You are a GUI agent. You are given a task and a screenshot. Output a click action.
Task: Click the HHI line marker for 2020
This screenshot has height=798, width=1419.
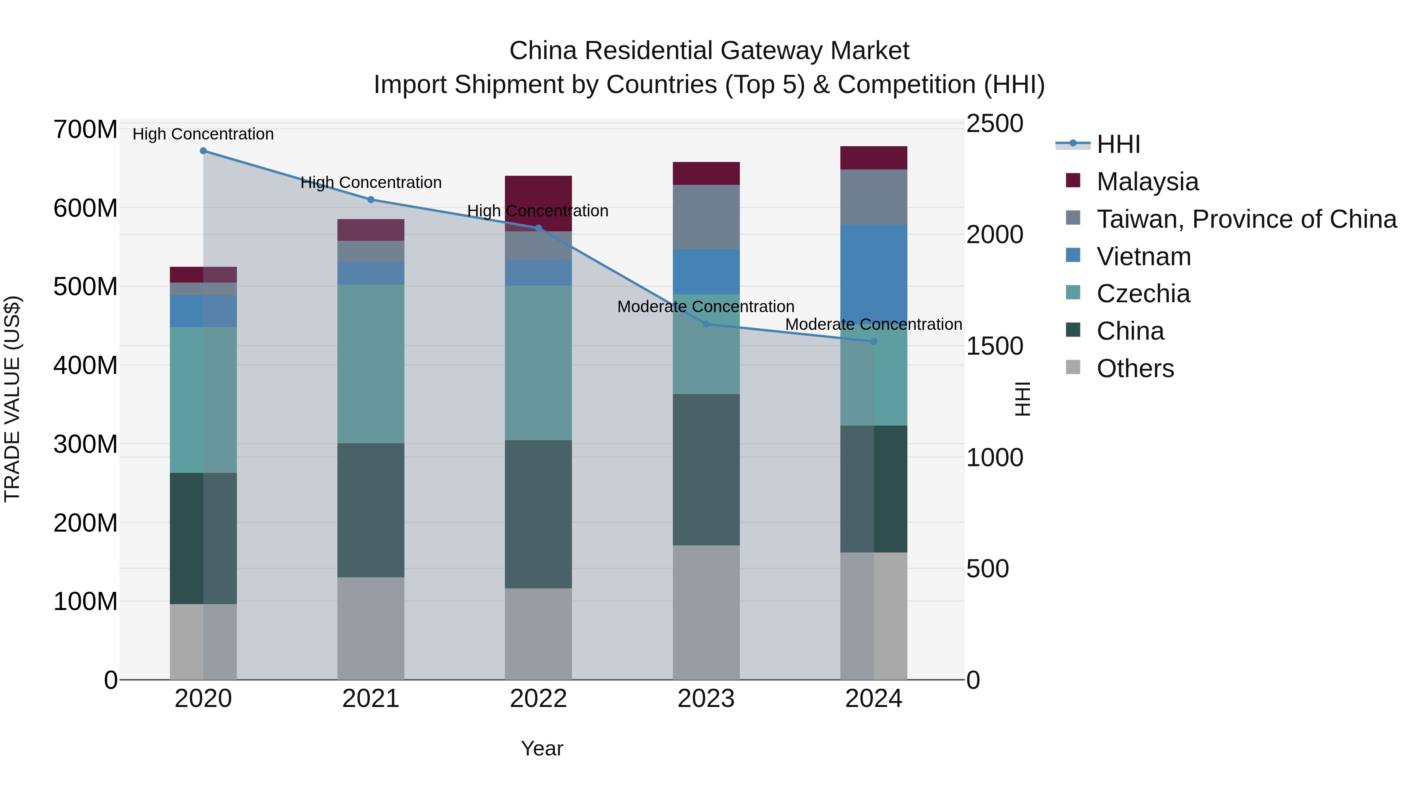(203, 151)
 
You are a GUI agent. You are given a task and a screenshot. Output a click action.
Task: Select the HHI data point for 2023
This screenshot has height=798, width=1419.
(706, 324)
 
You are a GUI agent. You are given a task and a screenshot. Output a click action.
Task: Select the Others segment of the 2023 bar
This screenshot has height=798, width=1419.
(706, 612)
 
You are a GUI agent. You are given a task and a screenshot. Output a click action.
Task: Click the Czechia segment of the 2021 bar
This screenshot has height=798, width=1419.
(371, 363)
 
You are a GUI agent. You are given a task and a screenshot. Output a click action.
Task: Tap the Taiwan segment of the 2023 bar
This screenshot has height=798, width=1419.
(706, 217)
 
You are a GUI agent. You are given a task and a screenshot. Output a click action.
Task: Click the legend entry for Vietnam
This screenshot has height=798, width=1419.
(1143, 257)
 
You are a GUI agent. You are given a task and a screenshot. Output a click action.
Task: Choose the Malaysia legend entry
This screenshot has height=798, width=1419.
(1147, 182)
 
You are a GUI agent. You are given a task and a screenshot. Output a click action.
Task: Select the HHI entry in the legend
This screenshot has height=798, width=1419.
(1118, 144)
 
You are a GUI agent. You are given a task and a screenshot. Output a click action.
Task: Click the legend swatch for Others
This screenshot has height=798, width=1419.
(1073, 367)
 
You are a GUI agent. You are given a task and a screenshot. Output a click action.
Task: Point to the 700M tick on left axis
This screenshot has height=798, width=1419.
(86, 130)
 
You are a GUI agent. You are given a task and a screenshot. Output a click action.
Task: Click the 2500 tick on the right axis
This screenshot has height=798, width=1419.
(994, 123)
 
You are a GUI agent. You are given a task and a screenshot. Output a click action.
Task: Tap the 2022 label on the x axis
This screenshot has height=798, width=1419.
(538, 699)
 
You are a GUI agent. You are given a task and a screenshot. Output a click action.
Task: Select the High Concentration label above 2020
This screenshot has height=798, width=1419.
(203, 134)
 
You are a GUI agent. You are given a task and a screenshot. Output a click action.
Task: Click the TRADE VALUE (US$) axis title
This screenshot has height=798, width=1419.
(12, 399)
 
